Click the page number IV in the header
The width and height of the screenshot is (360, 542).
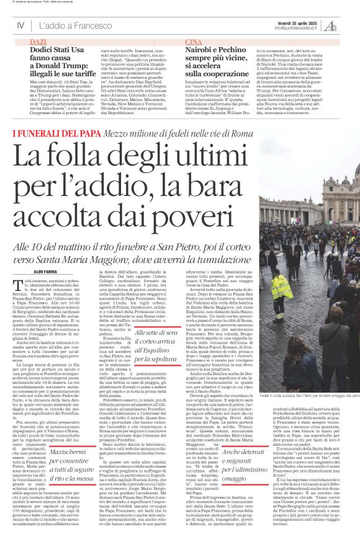20,25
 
